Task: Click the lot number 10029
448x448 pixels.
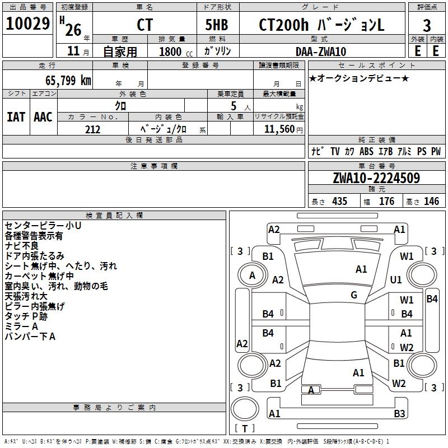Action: click(x=28, y=25)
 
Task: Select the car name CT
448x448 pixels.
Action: click(x=144, y=26)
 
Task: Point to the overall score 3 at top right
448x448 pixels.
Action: click(x=427, y=26)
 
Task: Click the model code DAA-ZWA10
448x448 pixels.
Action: click(x=321, y=52)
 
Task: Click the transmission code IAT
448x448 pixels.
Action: click(x=16, y=116)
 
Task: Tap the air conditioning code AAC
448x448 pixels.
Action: click(x=43, y=116)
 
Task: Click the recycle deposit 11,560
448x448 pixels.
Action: click(x=279, y=129)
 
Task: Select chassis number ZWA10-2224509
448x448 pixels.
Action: click(x=376, y=178)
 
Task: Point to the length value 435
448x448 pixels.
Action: click(x=339, y=201)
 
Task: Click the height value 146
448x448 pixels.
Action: click(x=431, y=201)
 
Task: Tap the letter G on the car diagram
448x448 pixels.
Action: click(x=354, y=295)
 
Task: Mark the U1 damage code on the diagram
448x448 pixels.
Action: click(x=396, y=279)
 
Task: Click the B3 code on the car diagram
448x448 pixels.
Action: click(x=399, y=414)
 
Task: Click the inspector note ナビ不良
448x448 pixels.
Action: click(x=22, y=246)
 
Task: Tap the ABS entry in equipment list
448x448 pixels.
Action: click(x=366, y=152)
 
